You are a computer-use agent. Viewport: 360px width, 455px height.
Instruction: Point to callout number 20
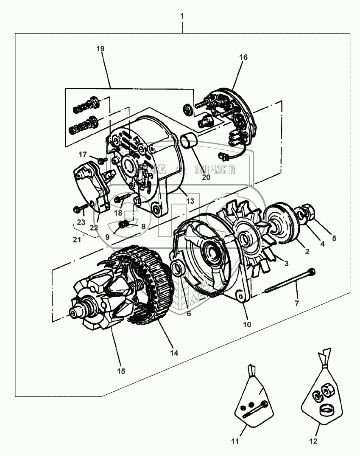[x=206, y=177]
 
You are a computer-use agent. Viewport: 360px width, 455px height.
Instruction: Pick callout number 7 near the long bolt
[x=297, y=303]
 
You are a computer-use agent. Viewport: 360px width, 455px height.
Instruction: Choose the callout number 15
[x=121, y=371]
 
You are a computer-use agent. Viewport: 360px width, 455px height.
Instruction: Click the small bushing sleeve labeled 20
[x=188, y=141]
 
